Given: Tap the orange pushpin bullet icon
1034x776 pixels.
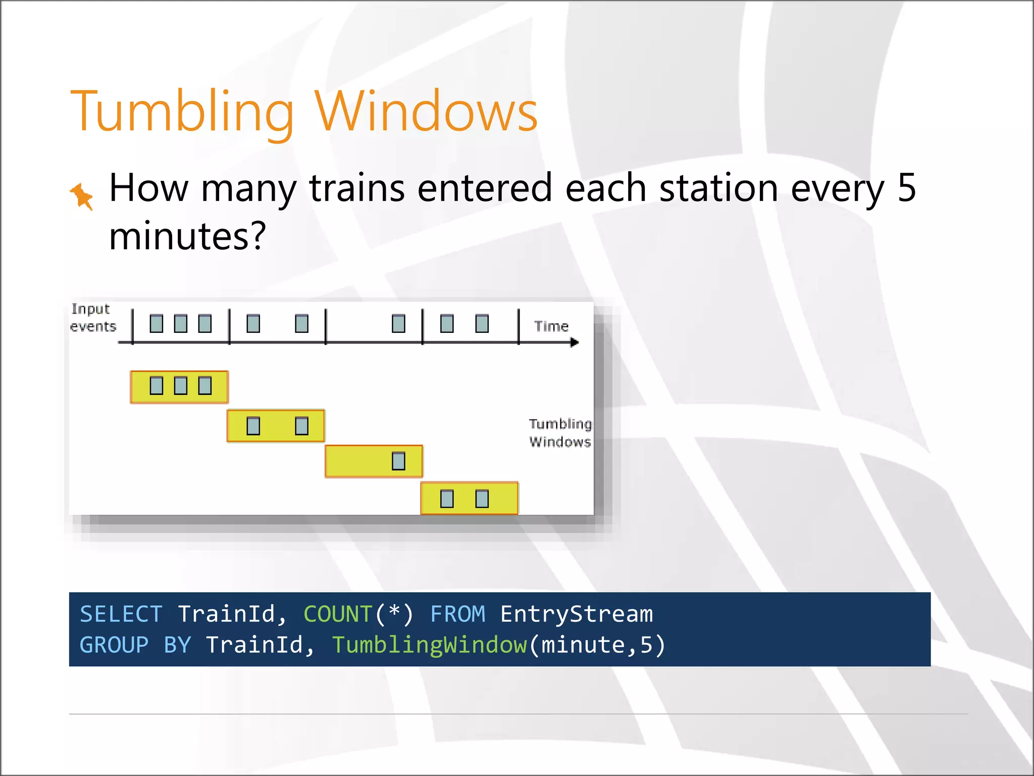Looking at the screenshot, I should [82, 196].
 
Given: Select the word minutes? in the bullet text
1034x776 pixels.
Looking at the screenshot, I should [187, 236].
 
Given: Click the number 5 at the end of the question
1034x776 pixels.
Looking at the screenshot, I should [906, 188].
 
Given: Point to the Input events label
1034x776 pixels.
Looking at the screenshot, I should [92, 317].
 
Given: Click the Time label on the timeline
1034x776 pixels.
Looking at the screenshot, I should [551, 326].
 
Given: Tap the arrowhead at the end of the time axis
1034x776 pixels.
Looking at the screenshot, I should [575, 343].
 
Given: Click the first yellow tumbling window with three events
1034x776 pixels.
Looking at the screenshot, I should [179, 387].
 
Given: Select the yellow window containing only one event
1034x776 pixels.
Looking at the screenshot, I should [374, 461].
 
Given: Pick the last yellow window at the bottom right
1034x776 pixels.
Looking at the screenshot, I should [469, 499].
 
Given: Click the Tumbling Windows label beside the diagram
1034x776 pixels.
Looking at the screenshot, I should [560, 433].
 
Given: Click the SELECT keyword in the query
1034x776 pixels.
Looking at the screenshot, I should [121, 614].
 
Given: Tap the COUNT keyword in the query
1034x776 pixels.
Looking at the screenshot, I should [337, 614].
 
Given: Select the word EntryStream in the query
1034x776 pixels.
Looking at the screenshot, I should [576, 614].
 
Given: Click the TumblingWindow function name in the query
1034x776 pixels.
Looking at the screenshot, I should [429, 645].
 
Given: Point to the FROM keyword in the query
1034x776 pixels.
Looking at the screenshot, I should [457, 614].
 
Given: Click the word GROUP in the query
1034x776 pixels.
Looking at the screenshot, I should [114, 645].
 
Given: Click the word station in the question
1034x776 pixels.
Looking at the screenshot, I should [719, 188].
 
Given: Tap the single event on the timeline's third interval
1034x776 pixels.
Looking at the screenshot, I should [398, 323].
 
